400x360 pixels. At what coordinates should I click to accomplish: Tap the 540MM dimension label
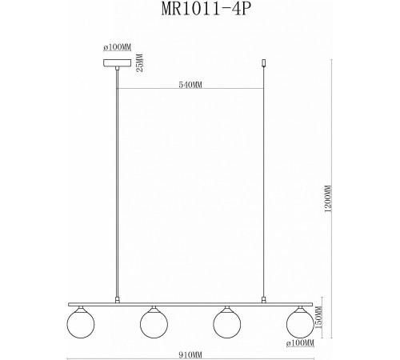pos(191,82)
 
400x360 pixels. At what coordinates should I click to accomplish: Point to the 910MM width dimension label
pos(190,351)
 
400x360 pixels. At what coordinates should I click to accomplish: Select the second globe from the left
pos(153,323)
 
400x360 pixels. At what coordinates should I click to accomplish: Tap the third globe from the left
pos(226,323)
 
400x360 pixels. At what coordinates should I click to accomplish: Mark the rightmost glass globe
pos(299,323)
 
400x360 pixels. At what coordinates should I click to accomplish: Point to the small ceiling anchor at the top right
pos(264,62)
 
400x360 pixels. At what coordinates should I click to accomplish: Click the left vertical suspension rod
pos(118,184)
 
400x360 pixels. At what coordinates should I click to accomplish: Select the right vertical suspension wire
pos(264,184)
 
